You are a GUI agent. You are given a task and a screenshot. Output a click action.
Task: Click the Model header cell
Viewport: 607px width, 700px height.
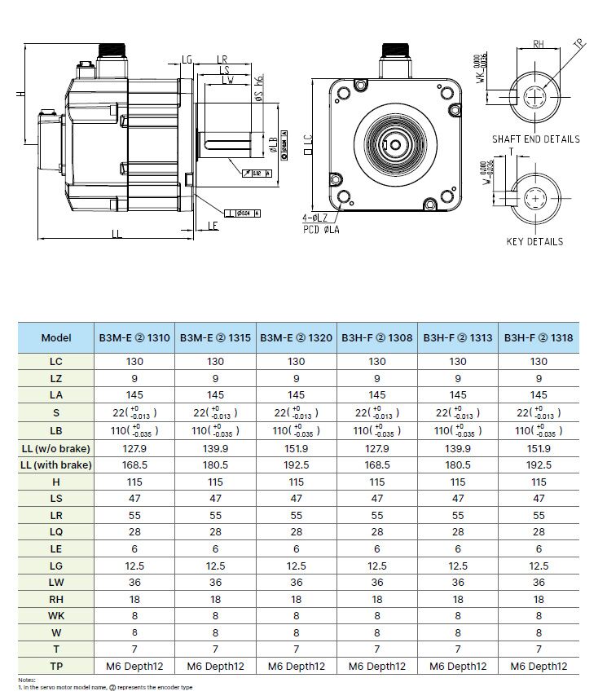tap(56, 337)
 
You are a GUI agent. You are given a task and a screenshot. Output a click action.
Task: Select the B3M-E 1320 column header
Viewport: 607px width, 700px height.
tap(296, 337)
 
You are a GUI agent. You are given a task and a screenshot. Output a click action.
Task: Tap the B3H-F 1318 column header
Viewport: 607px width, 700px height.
tap(539, 337)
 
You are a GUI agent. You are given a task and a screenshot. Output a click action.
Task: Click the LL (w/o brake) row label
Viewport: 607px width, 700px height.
tap(56, 447)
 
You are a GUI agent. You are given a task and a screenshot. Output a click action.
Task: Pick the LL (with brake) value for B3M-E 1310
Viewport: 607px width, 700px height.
tap(134, 465)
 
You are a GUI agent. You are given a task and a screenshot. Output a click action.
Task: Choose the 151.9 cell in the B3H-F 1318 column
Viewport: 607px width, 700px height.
tap(539, 447)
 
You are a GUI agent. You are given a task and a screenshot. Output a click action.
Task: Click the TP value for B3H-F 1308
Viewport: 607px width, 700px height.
tap(376, 666)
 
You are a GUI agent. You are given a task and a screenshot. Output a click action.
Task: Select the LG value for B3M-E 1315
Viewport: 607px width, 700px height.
tap(215, 566)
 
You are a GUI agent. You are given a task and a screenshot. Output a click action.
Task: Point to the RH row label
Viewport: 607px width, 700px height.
tap(56, 599)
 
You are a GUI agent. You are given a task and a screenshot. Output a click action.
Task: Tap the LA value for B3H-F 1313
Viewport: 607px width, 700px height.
tap(458, 394)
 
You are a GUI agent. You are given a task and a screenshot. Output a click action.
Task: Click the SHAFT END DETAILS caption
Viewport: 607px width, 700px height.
tap(535, 139)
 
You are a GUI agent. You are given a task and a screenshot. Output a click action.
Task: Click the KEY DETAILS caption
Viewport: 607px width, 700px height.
tap(534, 242)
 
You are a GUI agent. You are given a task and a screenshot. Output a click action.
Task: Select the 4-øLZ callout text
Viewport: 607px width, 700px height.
tap(314, 218)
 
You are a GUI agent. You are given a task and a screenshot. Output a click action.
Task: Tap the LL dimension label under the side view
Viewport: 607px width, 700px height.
tap(117, 234)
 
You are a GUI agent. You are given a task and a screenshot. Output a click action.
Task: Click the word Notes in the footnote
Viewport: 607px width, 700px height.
tap(28, 680)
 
